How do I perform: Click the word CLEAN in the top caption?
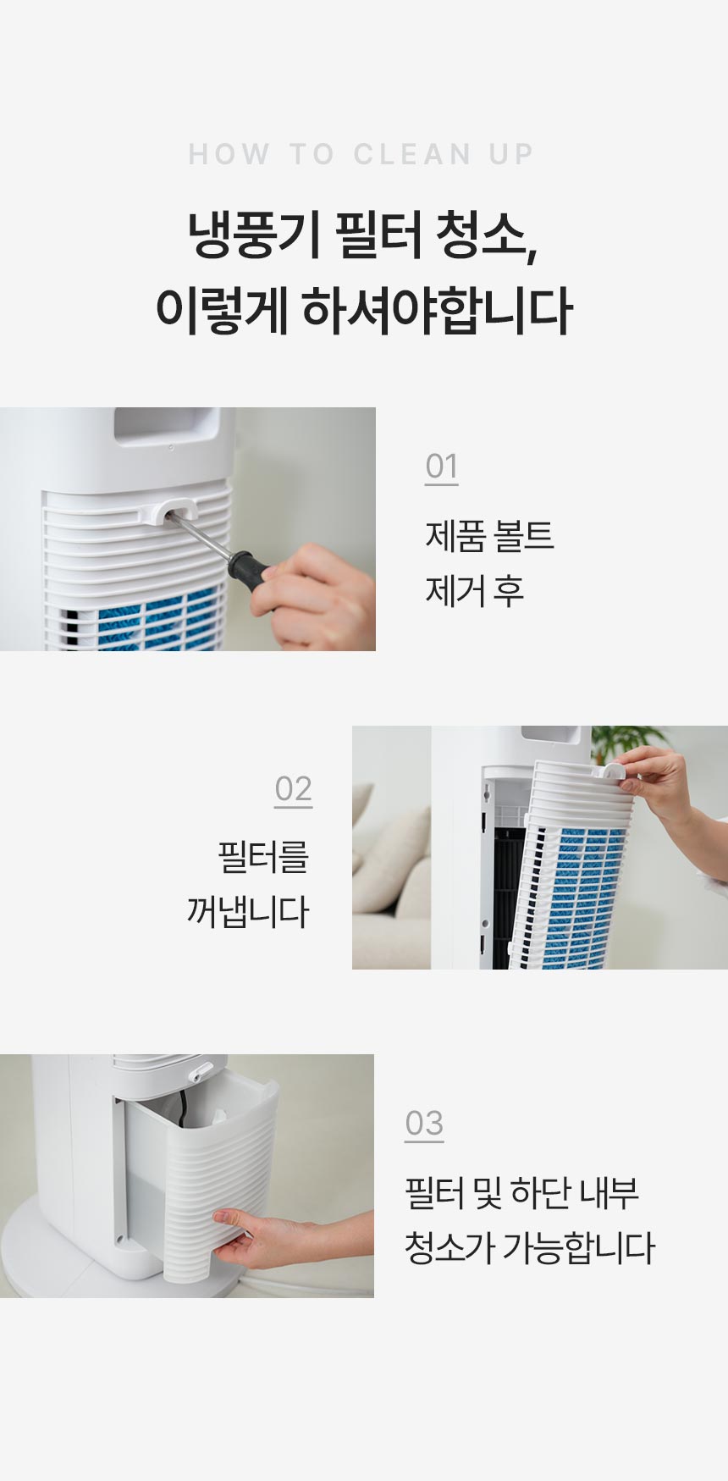coord(412,154)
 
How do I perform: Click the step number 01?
coord(441,466)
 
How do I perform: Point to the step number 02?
coord(293,788)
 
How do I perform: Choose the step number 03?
coord(423,1123)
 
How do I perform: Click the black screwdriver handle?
coord(249,565)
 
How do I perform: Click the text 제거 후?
coord(474,590)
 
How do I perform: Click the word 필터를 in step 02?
coord(263,857)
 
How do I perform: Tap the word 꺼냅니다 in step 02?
coord(247,912)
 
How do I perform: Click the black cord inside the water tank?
coord(180,1108)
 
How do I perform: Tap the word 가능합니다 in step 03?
coord(578,1247)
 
